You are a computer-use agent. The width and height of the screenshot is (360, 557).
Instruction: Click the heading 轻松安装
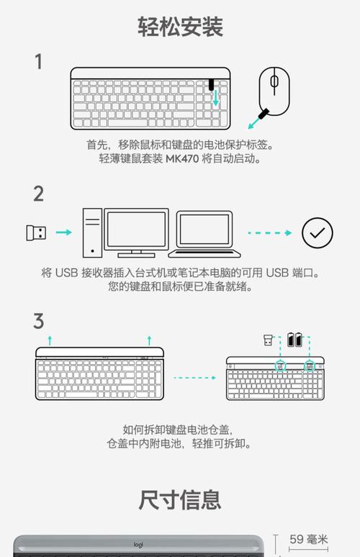pyautogui.click(x=180, y=27)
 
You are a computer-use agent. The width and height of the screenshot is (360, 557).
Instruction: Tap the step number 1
pyautogui.click(x=39, y=62)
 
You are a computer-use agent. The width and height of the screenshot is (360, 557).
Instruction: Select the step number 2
pyautogui.click(x=39, y=194)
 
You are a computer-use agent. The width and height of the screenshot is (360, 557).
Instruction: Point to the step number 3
pyautogui.click(x=39, y=321)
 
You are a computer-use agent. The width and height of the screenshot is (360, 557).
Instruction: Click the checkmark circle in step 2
pyautogui.click(x=317, y=232)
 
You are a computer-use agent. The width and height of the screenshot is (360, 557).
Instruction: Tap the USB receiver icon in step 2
pyautogui.click(x=36, y=233)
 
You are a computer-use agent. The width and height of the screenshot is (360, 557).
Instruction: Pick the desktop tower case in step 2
pyautogui.click(x=92, y=232)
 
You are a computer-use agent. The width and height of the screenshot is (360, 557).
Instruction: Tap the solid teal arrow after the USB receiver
pyautogui.click(x=64, y=232)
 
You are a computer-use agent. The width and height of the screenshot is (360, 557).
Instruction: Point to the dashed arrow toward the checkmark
pyautogui.click(x=270, y=233)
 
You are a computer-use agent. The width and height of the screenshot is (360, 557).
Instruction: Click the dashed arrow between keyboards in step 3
pyautogui.click(x=195, y=376)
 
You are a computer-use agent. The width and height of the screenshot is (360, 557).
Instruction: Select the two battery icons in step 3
pyautogui.click(x=295, y=339)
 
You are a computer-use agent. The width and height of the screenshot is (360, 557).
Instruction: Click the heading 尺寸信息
pyautogui.click(x=180, y=499)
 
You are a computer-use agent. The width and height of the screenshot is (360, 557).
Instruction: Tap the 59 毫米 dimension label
pyautogui.click(x=309, y=539)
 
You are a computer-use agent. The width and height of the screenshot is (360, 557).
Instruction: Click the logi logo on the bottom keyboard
pyautogui.click(x=138, y=545)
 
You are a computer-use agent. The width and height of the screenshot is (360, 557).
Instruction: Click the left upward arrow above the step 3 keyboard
pyautogui.click(x=49, y=339)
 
